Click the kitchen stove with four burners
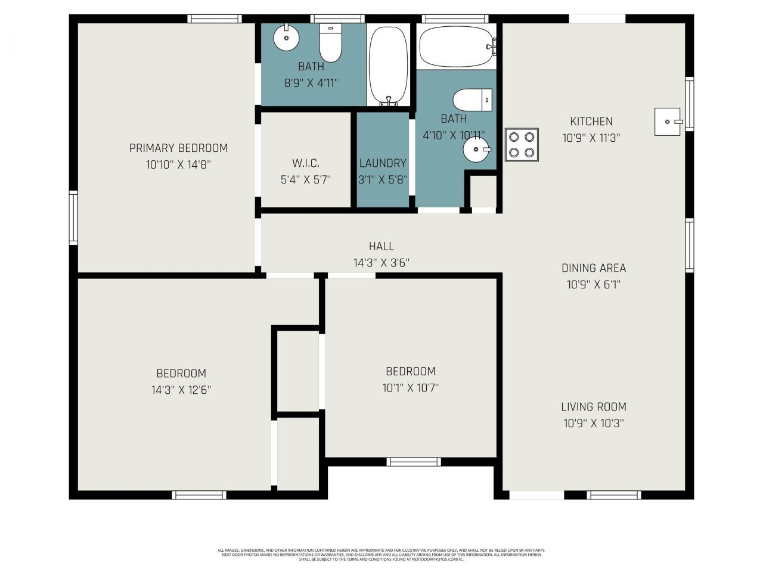point(522,145)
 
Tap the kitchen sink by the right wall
point(667,122)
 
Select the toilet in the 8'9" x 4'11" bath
point(330,42)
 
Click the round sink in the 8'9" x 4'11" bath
point(286,39)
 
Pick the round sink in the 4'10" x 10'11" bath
point(476,149)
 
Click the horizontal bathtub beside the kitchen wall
point(457,46)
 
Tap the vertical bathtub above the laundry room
point(388,65)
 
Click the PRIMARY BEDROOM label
point(178,148)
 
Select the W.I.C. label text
point(305,163)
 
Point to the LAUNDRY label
point(383,163)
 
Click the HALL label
point(381,246)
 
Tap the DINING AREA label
point(594,268)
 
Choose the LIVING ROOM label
point(594,407)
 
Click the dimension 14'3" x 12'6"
point(181,390)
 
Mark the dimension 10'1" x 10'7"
point(410,388)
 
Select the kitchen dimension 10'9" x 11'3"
point(591,138)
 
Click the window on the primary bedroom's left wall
point(73,217)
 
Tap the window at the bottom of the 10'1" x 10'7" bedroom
point(413,461)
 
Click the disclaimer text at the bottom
point(381,555)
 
